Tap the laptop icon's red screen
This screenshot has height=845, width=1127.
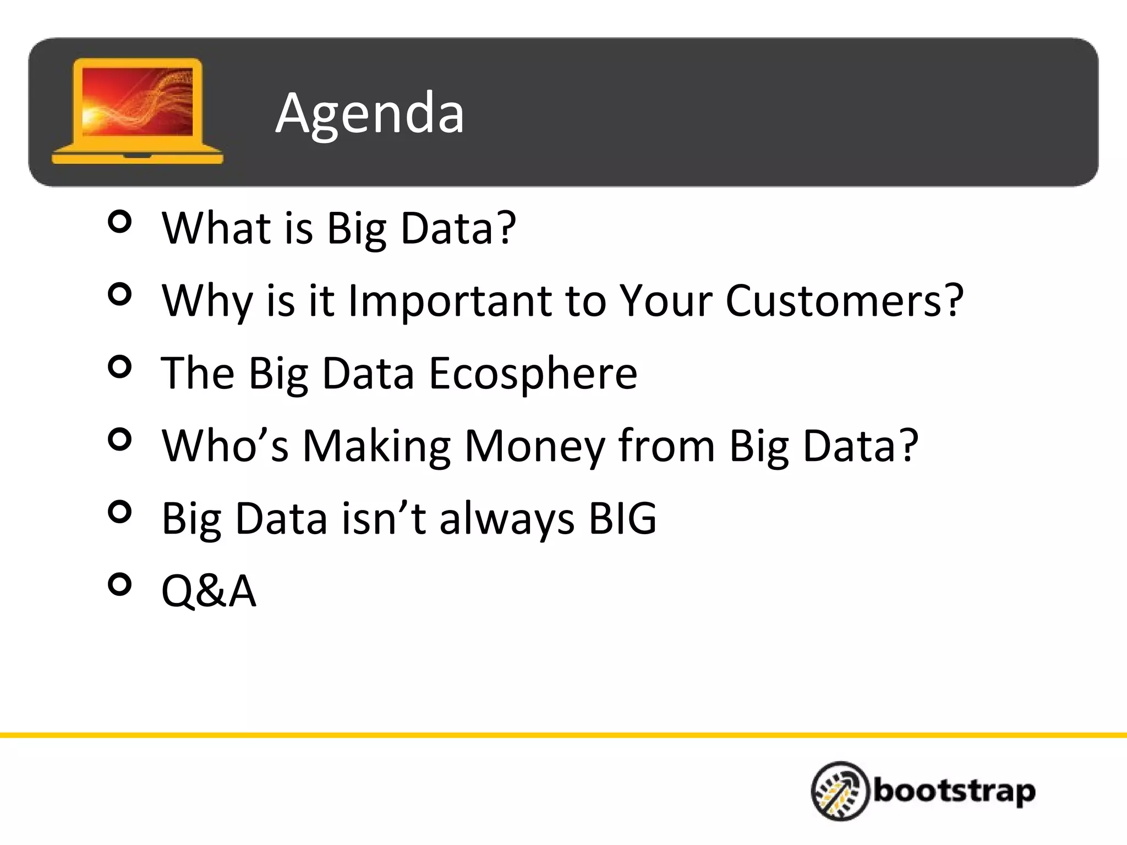(x=138, y=102)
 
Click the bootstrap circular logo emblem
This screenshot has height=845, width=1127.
(x=840, y=791)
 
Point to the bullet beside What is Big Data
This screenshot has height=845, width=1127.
(x=120, y=222)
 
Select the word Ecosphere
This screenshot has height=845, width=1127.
(x=533, y=373)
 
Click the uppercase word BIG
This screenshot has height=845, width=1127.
(x=622, y=518)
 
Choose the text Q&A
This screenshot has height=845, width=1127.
(x=209, y=591)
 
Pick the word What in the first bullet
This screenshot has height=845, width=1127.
(x=216, y=228)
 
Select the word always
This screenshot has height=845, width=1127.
(x=507, y=519)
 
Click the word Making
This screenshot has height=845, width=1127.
(x=377, y=447)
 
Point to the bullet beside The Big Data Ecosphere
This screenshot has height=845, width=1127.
(x=120, y=366)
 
